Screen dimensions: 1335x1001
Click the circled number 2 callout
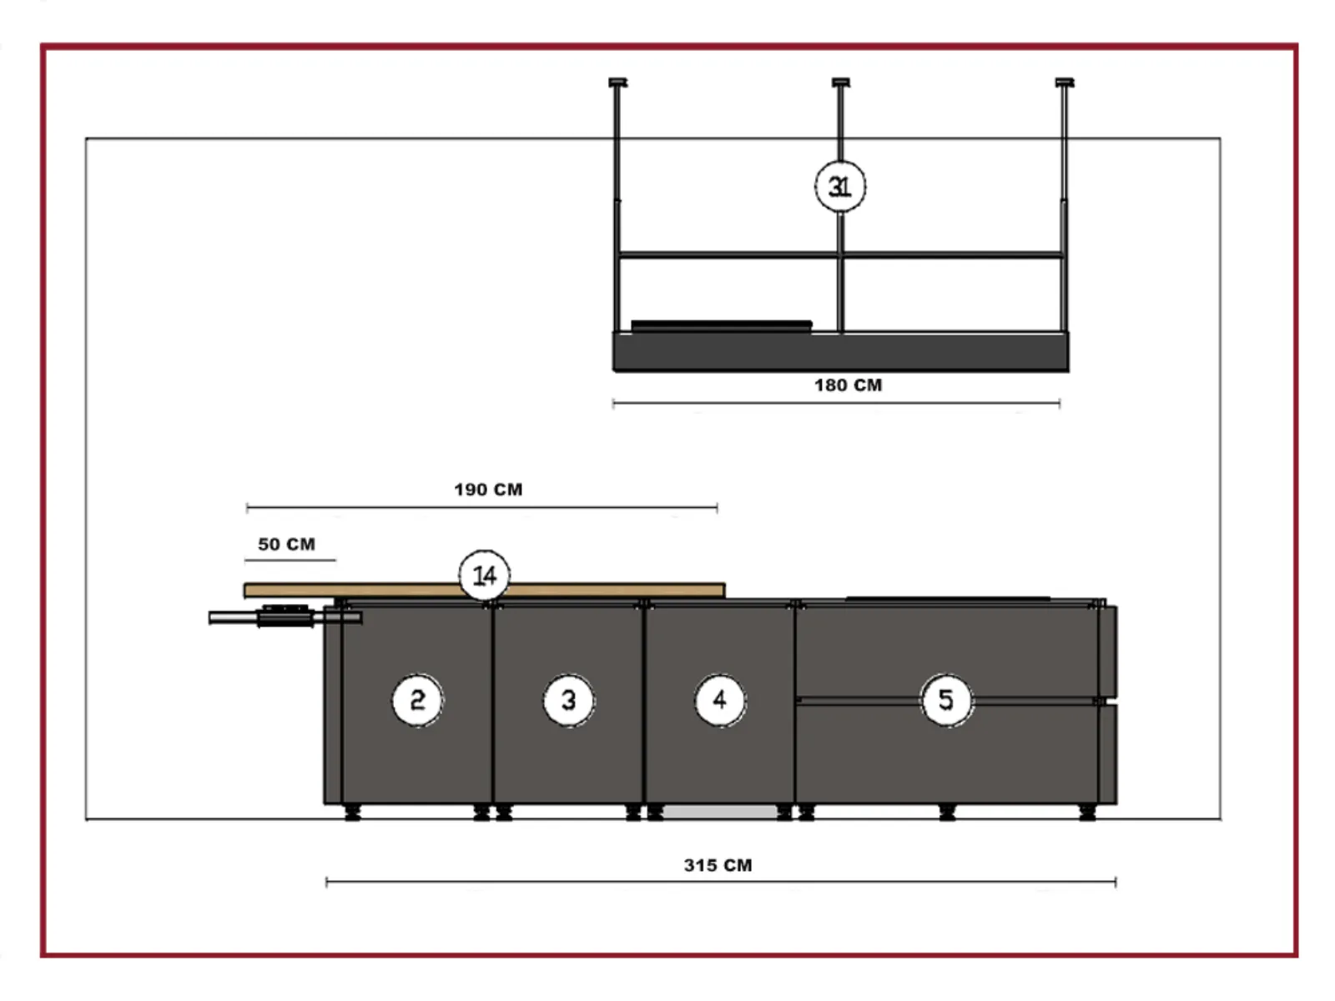[x=417, y=701]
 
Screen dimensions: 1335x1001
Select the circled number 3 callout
[x=569, y=701]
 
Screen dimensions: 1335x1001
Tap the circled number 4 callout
[x=719, y=701]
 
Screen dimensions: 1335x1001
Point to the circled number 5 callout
[x=945, y=701]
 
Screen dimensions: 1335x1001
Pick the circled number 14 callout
[x=484, y=576]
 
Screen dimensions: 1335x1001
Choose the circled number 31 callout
[x=840, y=187]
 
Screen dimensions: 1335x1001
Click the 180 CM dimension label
[x=848, y=385]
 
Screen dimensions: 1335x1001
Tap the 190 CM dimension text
[x=488, y=490]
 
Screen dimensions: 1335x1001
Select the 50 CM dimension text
[x=286, y=544]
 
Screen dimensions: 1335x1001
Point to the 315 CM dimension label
[x=718, y=865]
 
